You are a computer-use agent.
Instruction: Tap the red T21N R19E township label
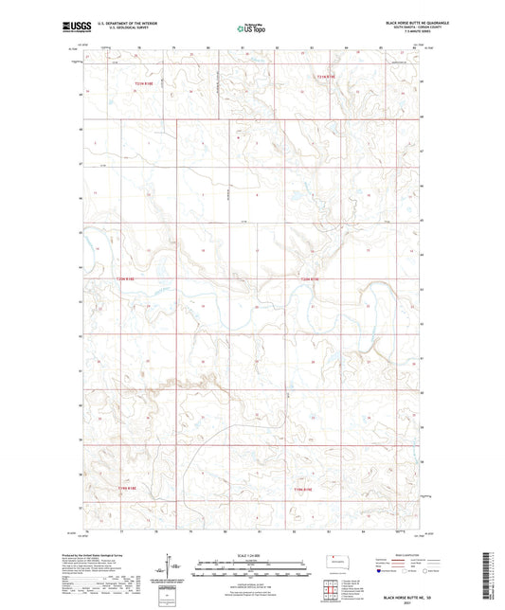click(x=326, y=76)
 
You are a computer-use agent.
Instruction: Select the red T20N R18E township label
click(x=125, y=279)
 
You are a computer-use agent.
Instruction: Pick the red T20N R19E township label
click(x=311, y=279)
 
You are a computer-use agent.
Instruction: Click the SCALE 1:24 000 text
click(x=252, y=554)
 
